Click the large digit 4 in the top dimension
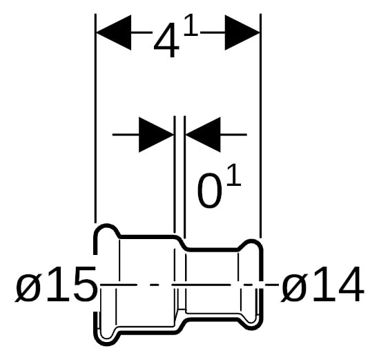(166, 41)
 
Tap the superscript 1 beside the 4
(191, 25)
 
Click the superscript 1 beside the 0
(234, 175)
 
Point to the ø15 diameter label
(56, 285)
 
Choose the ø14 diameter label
(322, 285)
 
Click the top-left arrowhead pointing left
(114, 32)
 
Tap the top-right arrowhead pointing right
(242, 32)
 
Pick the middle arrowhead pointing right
(156, 135)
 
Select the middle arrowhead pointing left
(203, 135)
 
